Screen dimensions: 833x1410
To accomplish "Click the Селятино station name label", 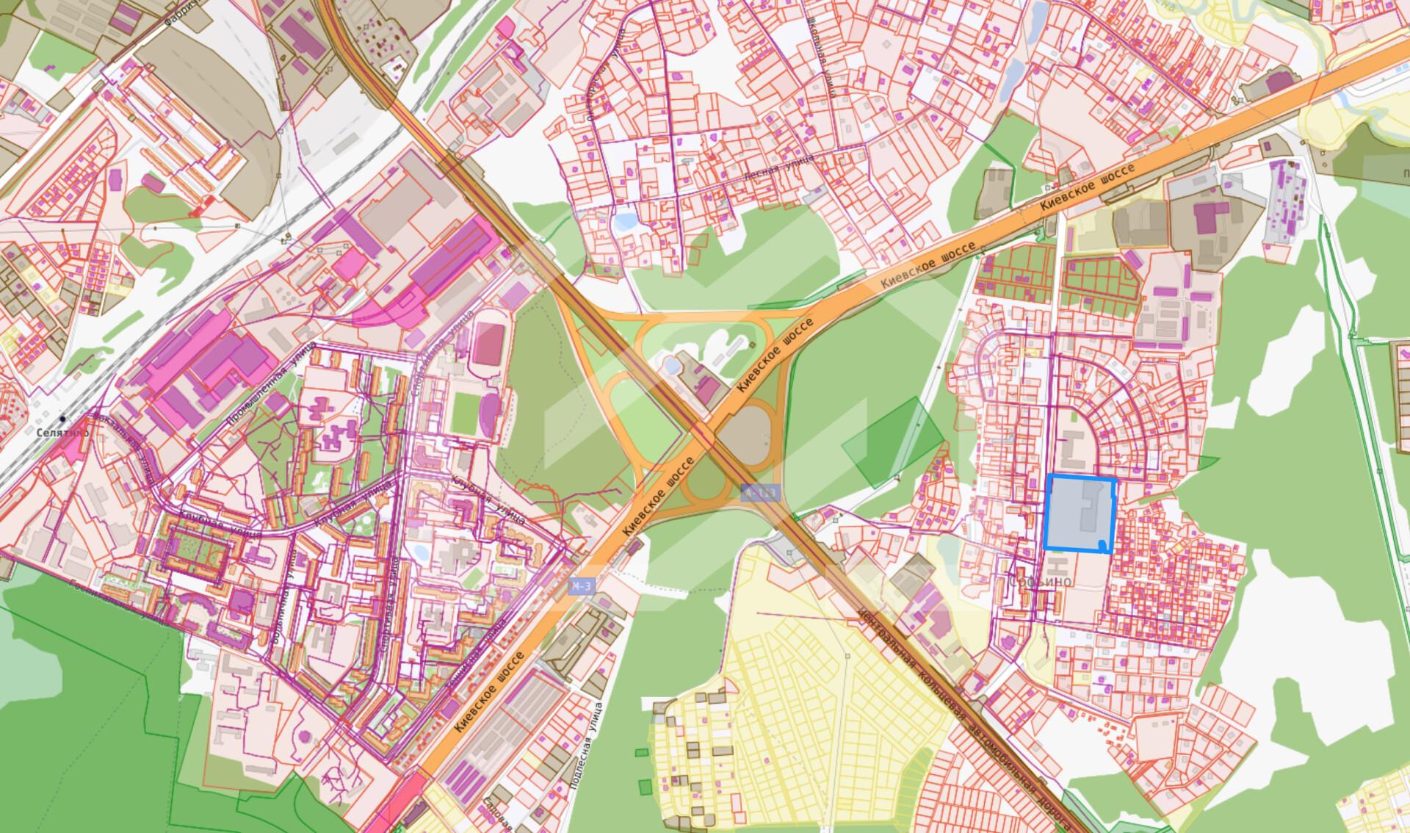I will click(62, 433).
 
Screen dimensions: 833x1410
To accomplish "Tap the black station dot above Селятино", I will click(62, 419).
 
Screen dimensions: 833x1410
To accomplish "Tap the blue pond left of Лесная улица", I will click(625, 220).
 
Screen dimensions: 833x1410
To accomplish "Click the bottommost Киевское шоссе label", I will click(490, 690).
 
